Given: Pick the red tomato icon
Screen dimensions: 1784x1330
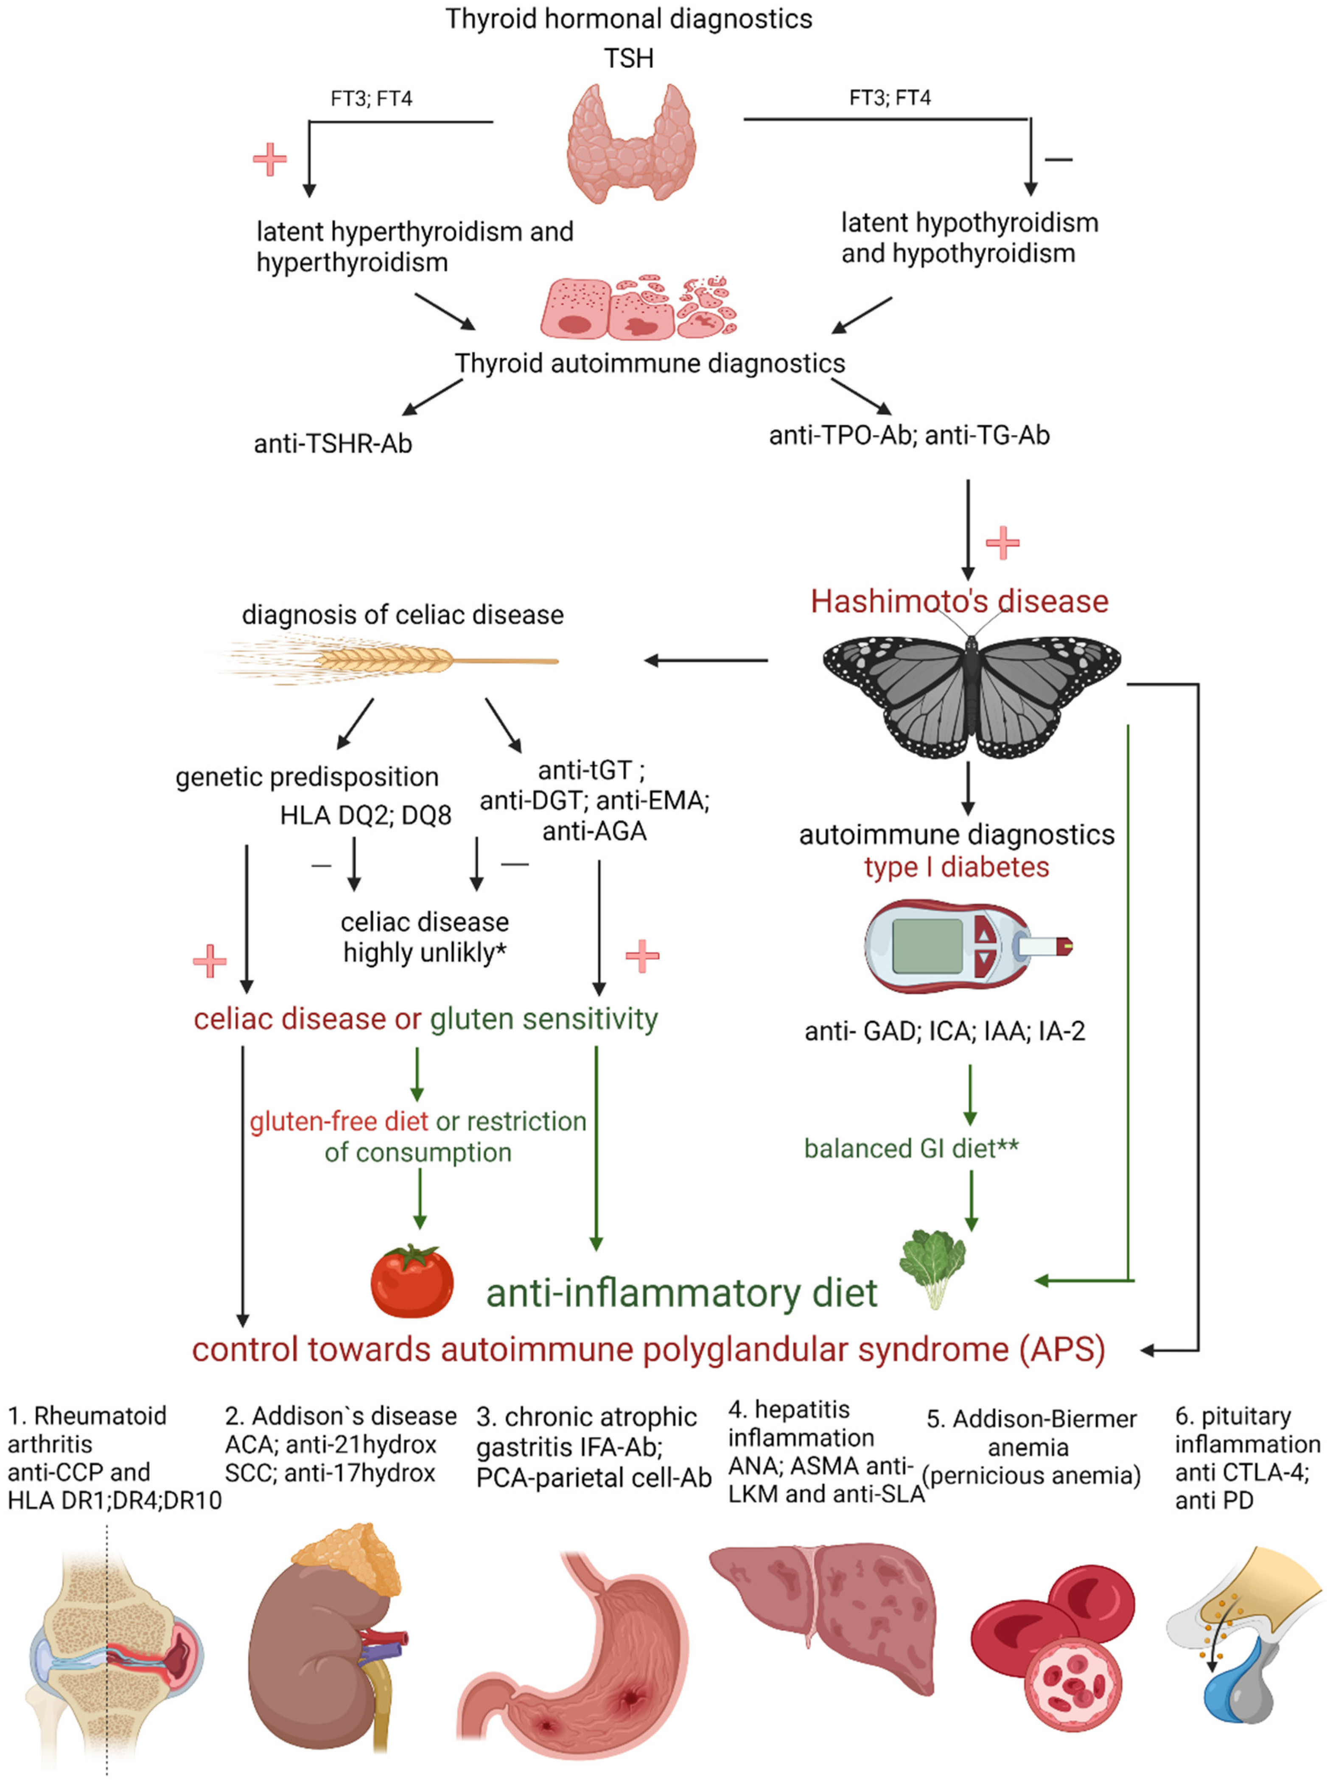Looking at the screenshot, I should [x=412, y=1281].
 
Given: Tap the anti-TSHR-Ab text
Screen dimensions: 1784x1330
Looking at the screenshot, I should [x=333, y=444].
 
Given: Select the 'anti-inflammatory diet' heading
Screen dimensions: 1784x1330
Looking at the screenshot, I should [x=681, y=1293].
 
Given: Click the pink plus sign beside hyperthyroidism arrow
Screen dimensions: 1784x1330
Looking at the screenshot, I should [x=270, y=160].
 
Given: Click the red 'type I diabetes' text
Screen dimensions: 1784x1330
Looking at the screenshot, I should [x=956, y=868].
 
